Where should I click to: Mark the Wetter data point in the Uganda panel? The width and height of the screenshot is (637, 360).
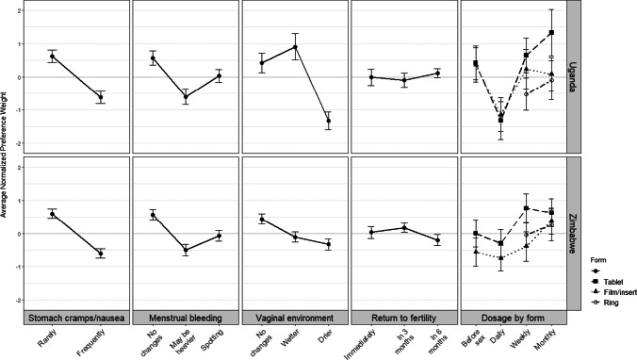[295, 47]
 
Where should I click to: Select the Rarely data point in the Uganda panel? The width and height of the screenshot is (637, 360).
[53, 57]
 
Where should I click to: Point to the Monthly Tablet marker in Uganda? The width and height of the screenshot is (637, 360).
[550, 32]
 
